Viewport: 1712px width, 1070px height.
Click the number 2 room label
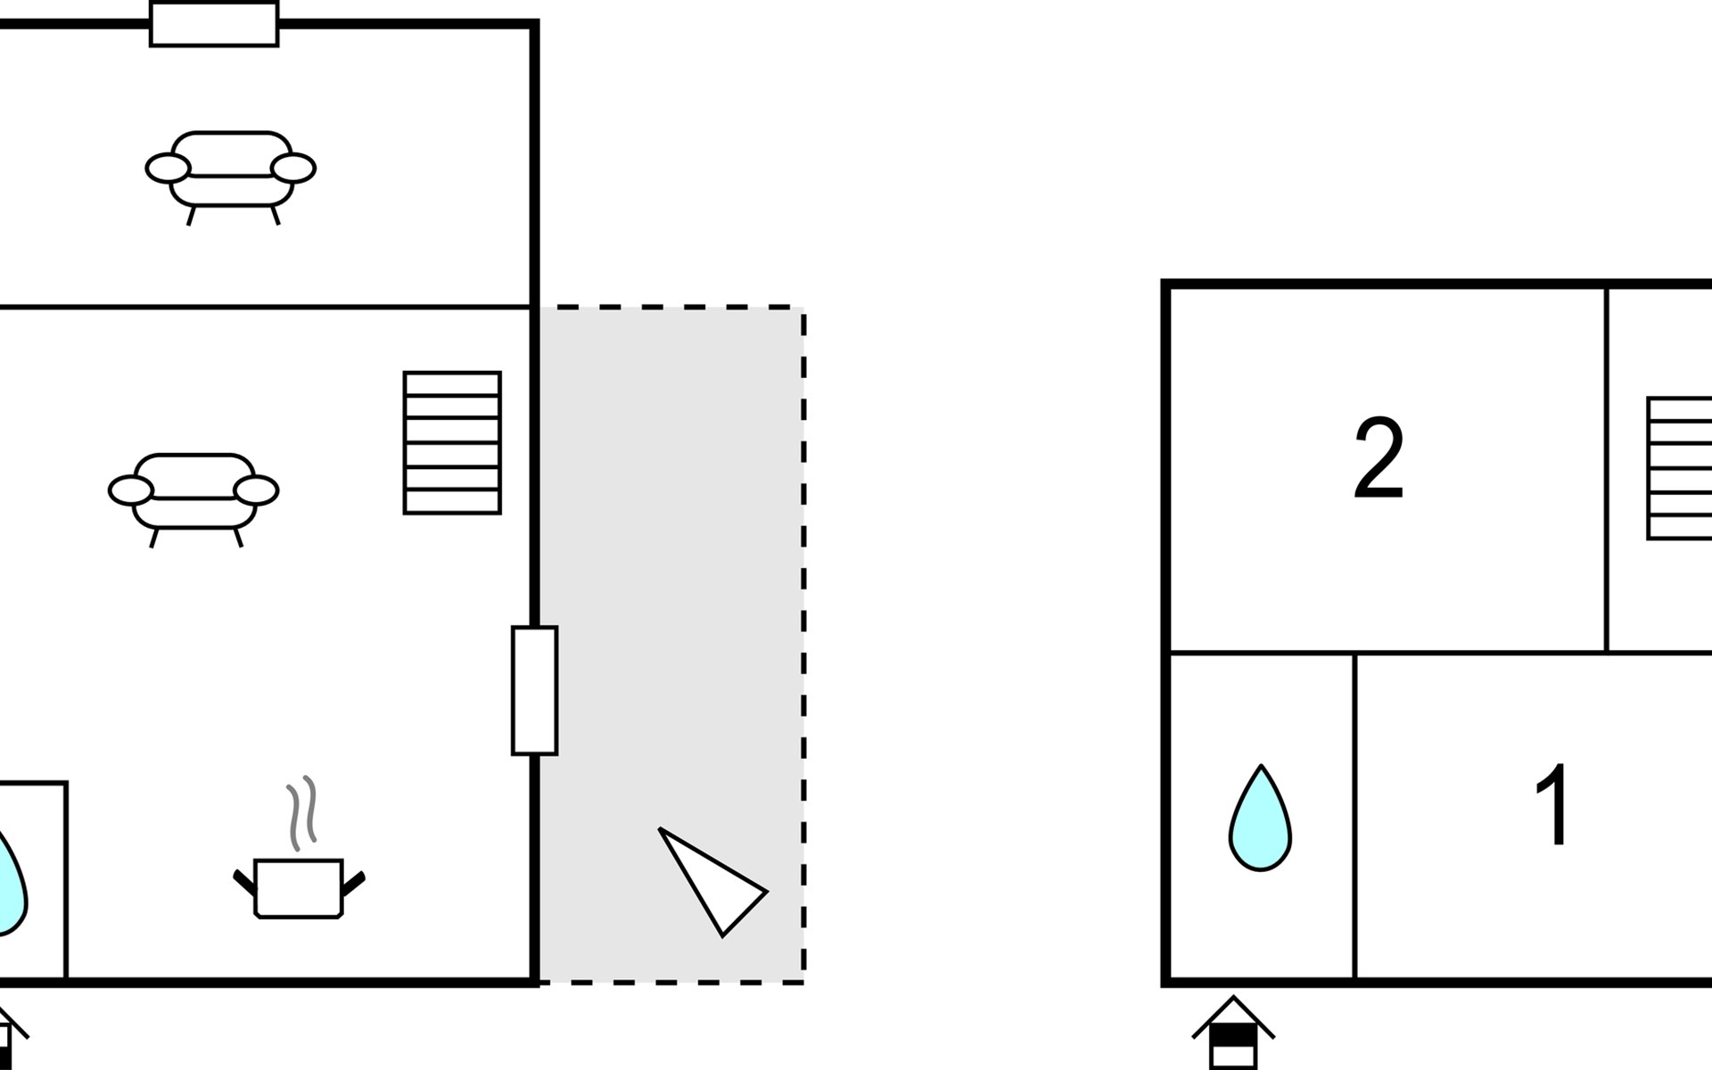pyautogui.click(x=1379, y=458)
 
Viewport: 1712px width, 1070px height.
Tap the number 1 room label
pyautogui.click(x=1554, y=805)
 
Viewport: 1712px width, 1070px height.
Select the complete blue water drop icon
pyautogui.click(x=1260, y=818)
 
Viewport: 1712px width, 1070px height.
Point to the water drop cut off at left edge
pyautogui.click(x=12, y=883)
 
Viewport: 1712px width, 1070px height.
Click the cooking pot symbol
pyautogui.click(x=299, y=888)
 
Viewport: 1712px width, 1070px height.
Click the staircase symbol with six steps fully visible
pyautogui.click(x=452, y=443)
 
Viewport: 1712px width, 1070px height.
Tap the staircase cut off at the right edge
pyautogui.click(x=1679, y=468)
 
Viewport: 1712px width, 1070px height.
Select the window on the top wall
pyautogui.click(x=214, y=24)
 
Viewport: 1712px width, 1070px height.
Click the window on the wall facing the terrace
pyautogui.click(x=535, y=691)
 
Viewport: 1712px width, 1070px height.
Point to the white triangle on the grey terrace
pyautogui.click(x=712, y=881)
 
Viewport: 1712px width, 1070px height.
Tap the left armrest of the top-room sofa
pyautogui.click(x=169, y=168)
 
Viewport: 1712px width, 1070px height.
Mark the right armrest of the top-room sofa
pyautogui.click(x=293, y=168)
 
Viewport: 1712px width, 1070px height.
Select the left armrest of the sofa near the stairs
pyautogui.click(x=131, y=490)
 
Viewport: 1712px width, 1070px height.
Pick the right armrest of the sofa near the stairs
pyautogui.click(x=256, y=490)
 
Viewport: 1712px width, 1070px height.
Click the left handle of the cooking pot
pyautogui.click(x=244, y=882)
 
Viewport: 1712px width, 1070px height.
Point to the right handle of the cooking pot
pyautogui.click(x=353, y=884)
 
